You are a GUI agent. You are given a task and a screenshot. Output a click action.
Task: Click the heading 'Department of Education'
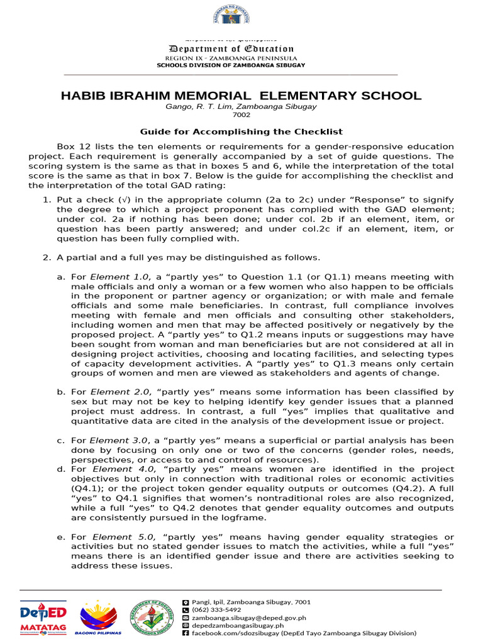click(x=230, y=48)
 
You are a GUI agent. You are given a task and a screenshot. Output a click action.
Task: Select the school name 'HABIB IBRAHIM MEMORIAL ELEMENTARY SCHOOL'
click(x=241, y=96)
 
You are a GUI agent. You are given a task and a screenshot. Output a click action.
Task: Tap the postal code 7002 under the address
click(x=241, y=115)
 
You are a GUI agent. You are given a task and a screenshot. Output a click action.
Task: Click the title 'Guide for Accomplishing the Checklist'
click(x=241, y=131)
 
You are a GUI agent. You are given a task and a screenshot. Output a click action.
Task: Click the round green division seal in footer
click(x=152, y=616)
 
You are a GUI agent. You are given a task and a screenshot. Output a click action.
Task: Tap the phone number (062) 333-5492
click(x=216, y=609)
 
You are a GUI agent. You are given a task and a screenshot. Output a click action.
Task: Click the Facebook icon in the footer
click(x=185, y=633)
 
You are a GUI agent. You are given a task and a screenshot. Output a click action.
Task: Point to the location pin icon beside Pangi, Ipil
click(x=185, y=602)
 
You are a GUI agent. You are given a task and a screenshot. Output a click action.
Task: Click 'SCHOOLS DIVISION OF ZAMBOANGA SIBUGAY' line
click(x=230, y=65)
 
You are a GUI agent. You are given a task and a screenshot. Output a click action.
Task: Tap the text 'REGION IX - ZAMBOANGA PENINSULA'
click(x=230, y=58)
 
